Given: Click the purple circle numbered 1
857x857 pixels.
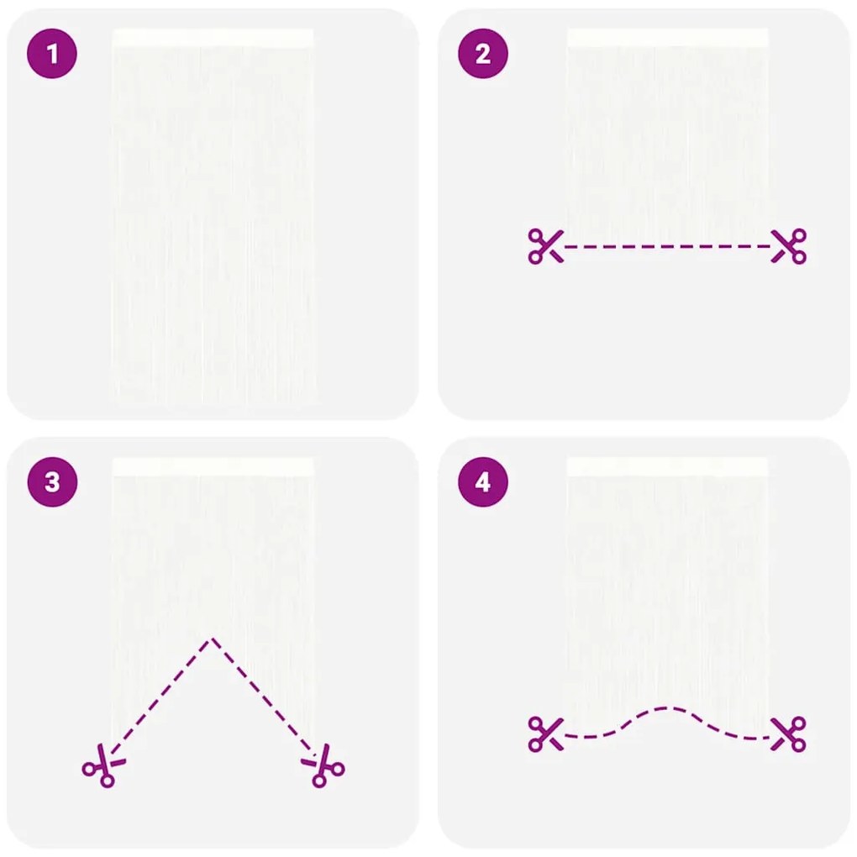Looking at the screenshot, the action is [x=52, y=54].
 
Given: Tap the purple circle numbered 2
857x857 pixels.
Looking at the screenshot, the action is [x=482, y=54].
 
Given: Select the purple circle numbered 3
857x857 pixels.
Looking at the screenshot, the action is [x=52, y=482].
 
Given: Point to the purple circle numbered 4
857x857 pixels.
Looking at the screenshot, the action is [x=482, y=482].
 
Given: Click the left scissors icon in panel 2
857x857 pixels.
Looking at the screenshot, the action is [x=545, y=246].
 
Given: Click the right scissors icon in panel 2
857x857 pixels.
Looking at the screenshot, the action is [x=789, y=246].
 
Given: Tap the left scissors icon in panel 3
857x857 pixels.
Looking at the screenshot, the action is [x=104, y=765].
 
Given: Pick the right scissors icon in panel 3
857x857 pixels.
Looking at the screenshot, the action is [x=323, y=765].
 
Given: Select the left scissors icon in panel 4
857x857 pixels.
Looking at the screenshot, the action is [x=545, y=734].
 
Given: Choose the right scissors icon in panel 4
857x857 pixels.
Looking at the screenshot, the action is [x=789, y=734].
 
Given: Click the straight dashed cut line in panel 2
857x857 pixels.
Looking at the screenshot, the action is [x=667, y=246].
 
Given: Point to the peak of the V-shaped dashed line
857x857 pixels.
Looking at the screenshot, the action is [x=213, y=639].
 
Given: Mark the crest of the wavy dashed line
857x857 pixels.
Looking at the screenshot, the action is [x=667, y=709].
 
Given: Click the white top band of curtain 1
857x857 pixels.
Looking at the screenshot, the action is [x=213, y=38].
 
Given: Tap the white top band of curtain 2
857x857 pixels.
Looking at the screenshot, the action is [x=667, y=38].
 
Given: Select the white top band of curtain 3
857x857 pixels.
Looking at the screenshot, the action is [x=213, y=466].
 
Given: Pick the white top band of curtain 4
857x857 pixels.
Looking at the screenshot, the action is [x=667, y=466].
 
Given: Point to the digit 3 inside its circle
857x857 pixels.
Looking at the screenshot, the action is [x=52, y=482].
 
